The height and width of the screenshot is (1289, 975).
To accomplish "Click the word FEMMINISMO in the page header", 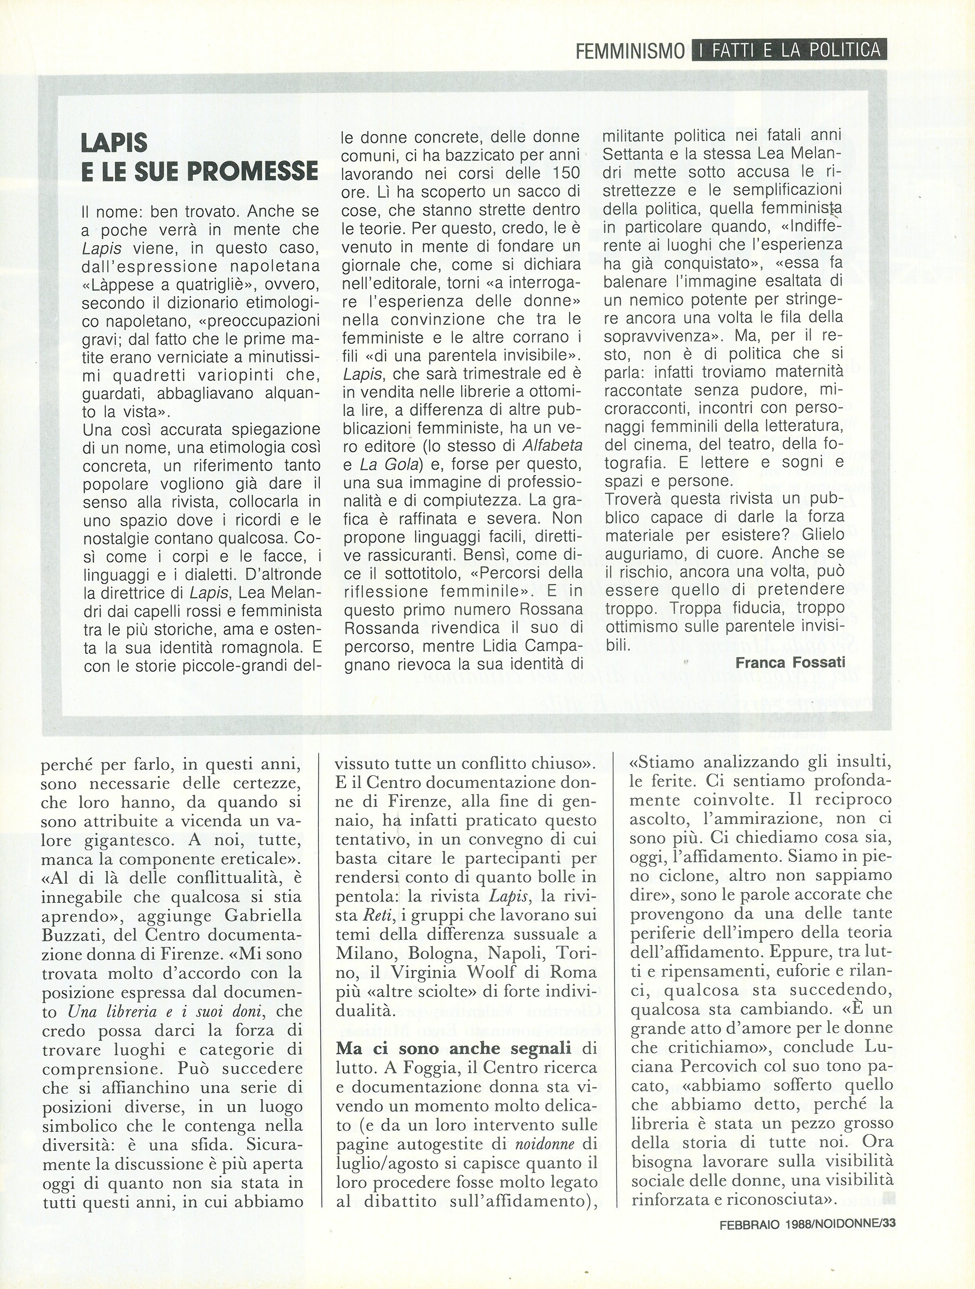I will tap(630, 51).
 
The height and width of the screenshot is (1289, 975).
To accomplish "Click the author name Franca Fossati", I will tap(790, 662).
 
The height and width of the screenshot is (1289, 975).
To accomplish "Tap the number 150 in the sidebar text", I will tap(564, 173).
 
